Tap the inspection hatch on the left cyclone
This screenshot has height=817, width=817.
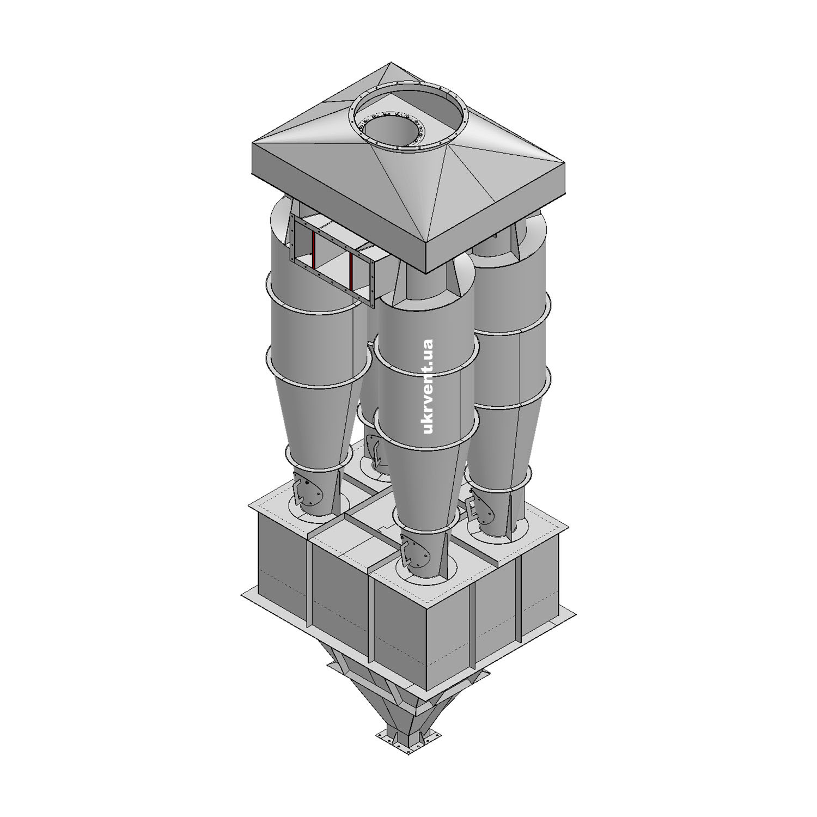(x=307, y=493)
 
